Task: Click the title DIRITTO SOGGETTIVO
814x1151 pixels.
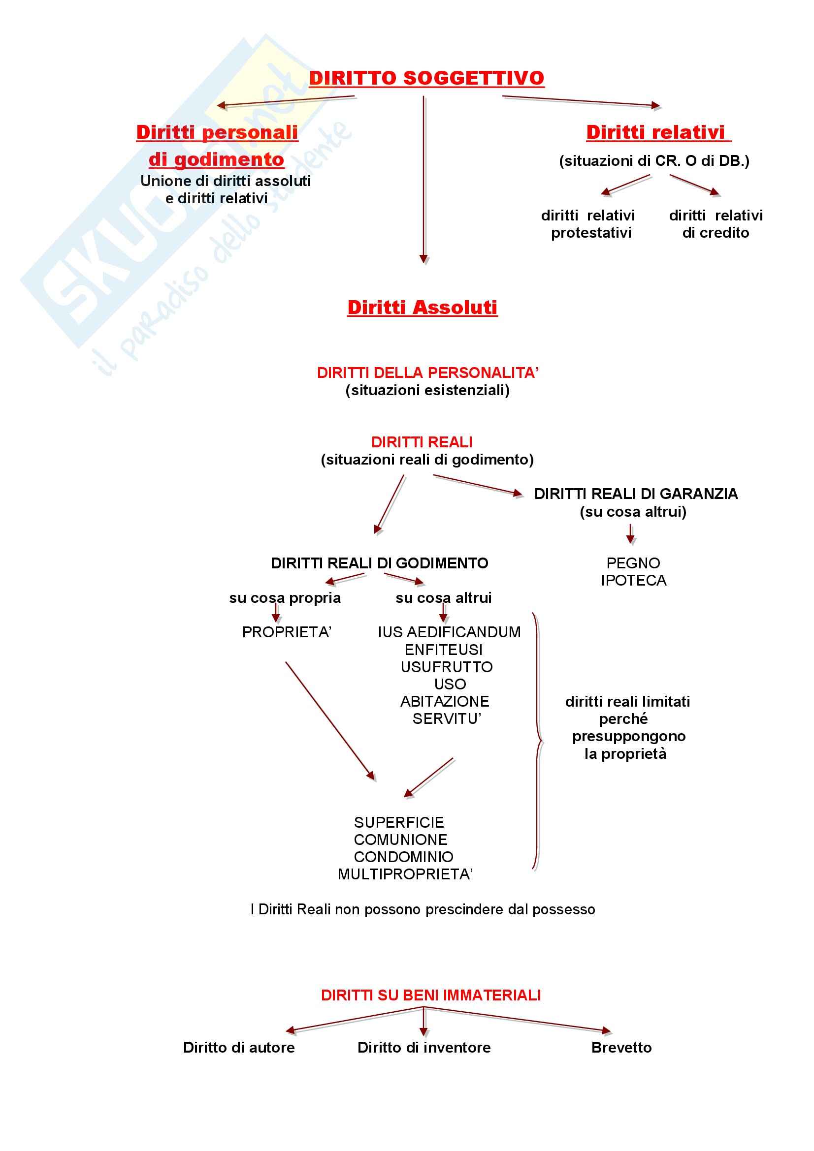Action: coord(426,78)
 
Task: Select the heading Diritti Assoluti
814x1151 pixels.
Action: coord(423,307)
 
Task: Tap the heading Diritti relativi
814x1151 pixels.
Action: coord(655,132)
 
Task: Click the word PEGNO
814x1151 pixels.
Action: coord(633,563)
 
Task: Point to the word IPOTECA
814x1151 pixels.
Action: coord(633,581)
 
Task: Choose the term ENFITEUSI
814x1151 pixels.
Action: coord(443,650)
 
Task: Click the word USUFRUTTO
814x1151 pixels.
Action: coord(446,667)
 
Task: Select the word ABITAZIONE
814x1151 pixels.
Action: coord(444,701)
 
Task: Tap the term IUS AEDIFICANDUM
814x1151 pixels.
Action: coord(449,632)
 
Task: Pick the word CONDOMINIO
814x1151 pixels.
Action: coord(403,857)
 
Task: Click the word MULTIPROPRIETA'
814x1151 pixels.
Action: coord(405,874)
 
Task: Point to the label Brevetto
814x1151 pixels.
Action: coord(621,1047)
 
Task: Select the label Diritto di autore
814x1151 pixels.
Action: coord(239,1047)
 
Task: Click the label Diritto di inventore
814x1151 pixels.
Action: coord(424,1047)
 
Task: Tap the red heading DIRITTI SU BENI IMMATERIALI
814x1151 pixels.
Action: coord(431,995)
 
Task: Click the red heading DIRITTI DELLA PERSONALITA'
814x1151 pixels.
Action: coord(427,373)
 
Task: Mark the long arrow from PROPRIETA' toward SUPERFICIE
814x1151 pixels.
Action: coord(330,721)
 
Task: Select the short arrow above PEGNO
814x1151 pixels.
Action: coord(630,534)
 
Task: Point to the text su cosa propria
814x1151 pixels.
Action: coord(285,598)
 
